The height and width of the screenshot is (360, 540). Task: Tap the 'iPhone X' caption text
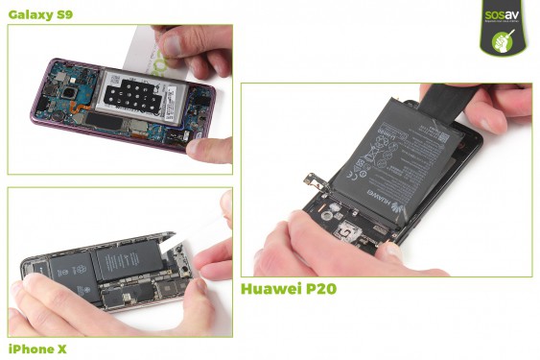(37, 348)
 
